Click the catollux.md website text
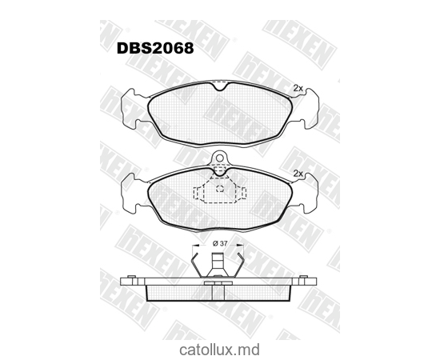point(220,348)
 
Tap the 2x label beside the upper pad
point(298,87)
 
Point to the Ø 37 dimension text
point(220,243)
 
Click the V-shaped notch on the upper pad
point(220,86)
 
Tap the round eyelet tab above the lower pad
point(220,160)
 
